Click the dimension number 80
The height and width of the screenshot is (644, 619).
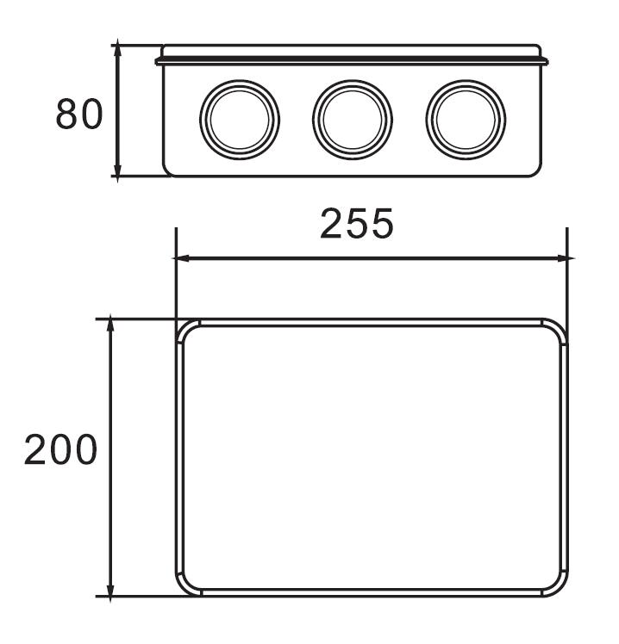(79, 115)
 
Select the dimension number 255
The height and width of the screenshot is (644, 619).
(357, 225)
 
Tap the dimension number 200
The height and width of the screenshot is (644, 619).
(60, 450)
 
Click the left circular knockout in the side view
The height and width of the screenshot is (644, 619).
(240, 119)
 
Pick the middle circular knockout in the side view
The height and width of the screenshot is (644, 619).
(353, 119)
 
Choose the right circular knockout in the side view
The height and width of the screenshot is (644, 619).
(466, 119)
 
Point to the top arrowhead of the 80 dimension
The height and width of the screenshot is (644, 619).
(118, 49)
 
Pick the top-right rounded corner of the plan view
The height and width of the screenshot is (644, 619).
(558, 331)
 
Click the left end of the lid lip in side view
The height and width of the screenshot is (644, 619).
(159, 60)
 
